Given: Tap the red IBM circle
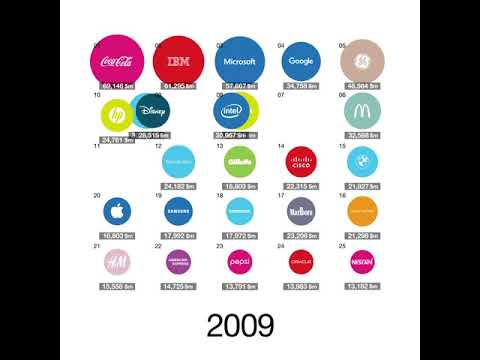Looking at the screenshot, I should (179, 61).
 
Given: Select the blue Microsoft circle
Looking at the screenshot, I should (240, 61).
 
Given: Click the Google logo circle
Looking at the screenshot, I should (301, 61).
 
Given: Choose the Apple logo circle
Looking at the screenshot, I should (117, 211).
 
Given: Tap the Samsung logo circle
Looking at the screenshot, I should (178, 211).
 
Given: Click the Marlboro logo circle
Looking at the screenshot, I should (301, 211).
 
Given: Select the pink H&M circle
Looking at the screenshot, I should (117, 261).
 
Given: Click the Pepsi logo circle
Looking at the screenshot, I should (240, 261).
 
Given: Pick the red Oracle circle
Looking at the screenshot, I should (301, 261).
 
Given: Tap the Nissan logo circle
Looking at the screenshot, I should (359, 261).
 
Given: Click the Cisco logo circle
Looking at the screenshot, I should (301, 160).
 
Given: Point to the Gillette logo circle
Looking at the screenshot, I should (240, 160).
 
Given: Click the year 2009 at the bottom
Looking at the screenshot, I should (240, 324).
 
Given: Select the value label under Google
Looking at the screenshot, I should (301, 87).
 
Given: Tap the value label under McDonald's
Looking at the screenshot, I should (360, 134).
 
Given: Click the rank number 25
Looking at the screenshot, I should (343, 245).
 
